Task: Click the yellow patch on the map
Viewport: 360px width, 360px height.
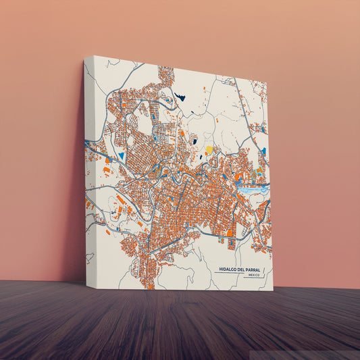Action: [x=209, y=149]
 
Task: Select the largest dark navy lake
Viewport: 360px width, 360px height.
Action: [x=180, y=97]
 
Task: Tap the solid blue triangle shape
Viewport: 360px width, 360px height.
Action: [x=122, y=155]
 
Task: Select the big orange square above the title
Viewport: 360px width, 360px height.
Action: [x=229, y=233]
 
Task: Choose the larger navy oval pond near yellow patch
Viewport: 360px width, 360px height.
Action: [x=194, y=141]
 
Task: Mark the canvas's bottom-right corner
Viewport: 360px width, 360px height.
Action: [x=273, y=290]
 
